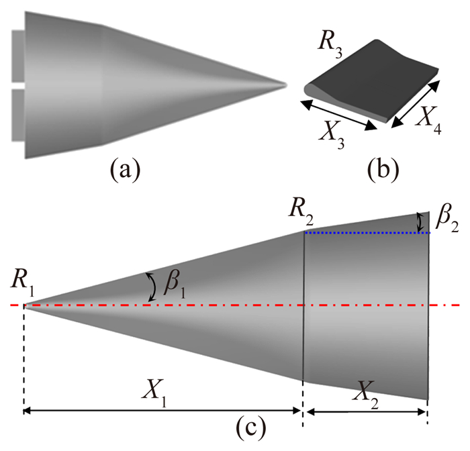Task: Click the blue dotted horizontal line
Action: click(x=366, y=232)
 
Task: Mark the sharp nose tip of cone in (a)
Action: click(x=285, y=85)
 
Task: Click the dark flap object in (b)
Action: click(x=373, y=81)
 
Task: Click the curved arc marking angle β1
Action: click(x=152, y=287)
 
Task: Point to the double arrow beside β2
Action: click(x=421, y=221)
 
